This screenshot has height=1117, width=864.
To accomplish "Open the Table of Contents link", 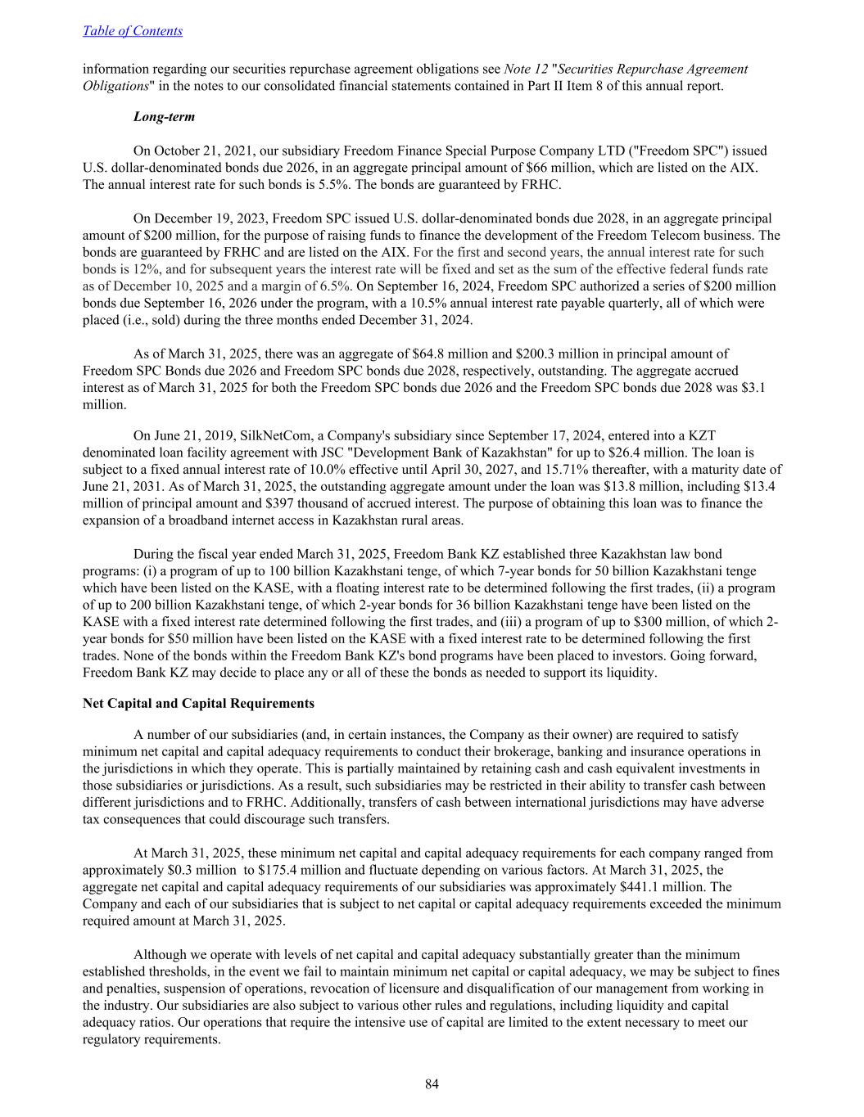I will [133, 31].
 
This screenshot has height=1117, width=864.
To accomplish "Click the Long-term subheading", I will [164, 117].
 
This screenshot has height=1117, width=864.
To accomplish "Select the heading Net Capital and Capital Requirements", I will [198, 703].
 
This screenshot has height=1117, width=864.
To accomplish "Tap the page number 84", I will [432, 1084].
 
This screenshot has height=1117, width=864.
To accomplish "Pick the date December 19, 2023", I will [199, 218].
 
